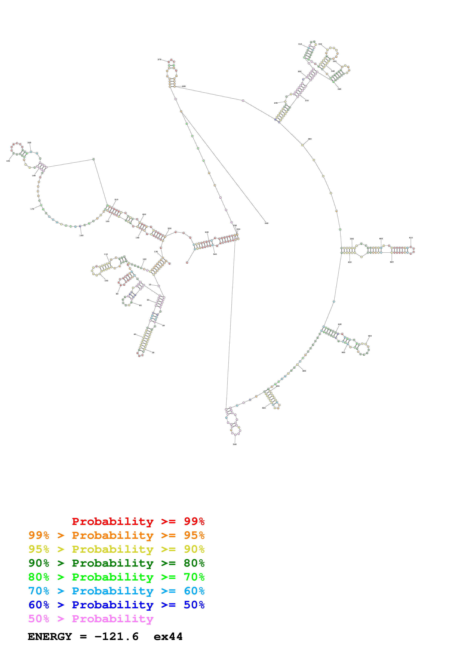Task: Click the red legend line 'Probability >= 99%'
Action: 138,521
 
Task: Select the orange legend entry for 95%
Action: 116,535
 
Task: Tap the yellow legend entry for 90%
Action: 116,549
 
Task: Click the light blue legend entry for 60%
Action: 116,591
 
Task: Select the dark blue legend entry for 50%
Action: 116,605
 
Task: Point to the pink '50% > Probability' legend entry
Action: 91,619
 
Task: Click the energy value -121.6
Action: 116,636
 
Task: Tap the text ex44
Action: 168,636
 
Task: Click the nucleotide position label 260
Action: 266,223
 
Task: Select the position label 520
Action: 235,444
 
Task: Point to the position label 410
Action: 411,238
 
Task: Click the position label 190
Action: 8,161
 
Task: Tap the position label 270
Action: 159,59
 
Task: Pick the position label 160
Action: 81,236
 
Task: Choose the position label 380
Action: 310,139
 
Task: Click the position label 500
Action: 264,408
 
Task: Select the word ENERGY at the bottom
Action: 50,636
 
